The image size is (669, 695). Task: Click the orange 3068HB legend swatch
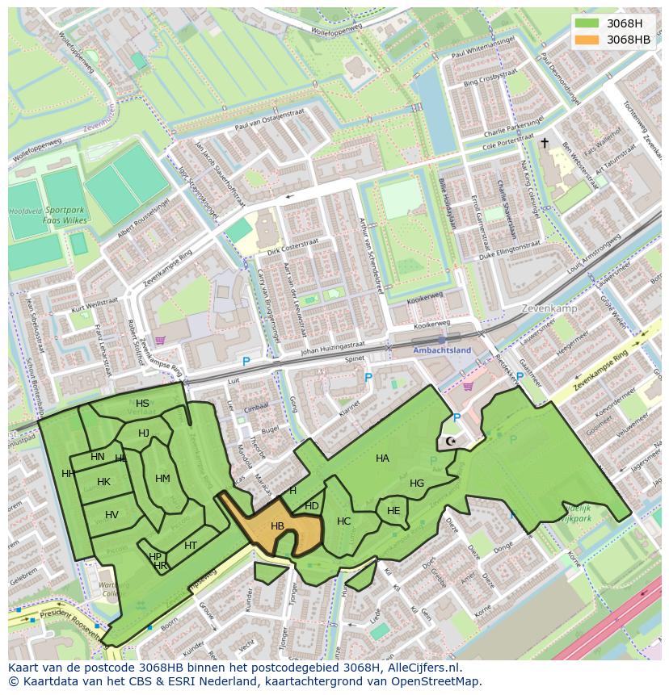click(588, 40)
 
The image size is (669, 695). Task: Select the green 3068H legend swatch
click(588, 23)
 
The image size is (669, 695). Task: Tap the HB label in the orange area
click(277, 526)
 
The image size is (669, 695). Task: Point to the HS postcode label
click(142, 404)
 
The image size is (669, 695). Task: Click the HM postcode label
click(162, 479)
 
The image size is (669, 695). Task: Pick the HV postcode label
click(111, 515)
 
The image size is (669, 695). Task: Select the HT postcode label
click(191, 546)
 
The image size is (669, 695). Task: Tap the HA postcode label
click(382, 458)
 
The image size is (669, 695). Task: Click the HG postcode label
click(417, 484)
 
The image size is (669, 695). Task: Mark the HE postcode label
click(393, 511)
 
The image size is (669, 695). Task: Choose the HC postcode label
click(343, 521)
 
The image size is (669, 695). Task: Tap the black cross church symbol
click(545, 143)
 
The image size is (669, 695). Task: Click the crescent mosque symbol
click(450, 442)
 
